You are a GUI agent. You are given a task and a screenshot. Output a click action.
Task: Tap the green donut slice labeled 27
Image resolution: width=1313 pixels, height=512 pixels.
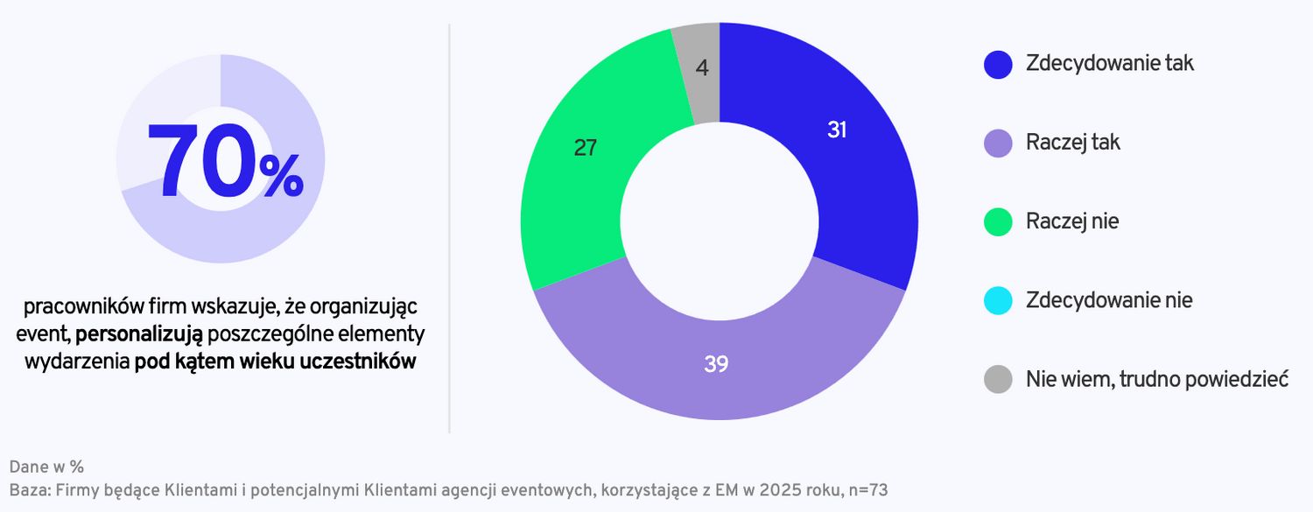578,175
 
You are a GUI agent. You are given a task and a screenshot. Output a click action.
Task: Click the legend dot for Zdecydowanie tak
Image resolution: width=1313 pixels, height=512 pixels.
998,64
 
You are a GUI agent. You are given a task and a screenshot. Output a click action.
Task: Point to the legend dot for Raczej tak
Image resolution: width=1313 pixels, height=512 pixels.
998,143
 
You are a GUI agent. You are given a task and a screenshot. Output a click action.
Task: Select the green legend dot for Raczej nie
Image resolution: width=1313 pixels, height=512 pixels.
998,221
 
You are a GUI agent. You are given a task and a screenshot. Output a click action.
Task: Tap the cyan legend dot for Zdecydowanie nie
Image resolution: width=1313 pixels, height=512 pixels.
998,300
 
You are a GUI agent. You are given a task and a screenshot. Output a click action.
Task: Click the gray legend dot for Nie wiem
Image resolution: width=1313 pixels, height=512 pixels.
998,379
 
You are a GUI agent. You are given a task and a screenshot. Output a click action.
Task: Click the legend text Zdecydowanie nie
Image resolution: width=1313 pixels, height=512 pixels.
1109,300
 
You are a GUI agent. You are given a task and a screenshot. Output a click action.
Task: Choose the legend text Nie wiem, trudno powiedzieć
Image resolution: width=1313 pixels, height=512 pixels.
1156,379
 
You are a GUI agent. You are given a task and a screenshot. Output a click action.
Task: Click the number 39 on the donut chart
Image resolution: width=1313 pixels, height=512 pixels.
716,364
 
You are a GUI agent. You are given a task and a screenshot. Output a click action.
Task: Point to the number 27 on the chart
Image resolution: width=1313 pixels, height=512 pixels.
586,149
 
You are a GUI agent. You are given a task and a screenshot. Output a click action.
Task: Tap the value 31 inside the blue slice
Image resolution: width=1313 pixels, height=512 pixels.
838,130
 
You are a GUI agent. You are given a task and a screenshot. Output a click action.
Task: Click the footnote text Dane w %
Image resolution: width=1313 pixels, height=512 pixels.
46,466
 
